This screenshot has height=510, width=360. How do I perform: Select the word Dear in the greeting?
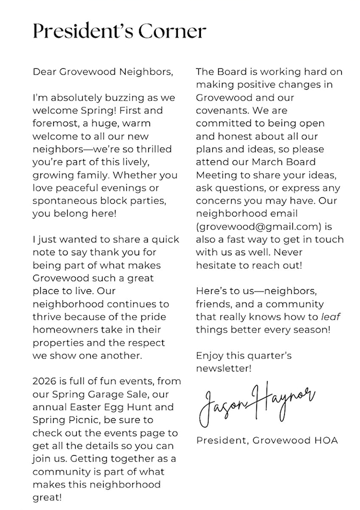pos(44,71)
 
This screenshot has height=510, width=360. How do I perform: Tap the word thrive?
pos(46,317)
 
